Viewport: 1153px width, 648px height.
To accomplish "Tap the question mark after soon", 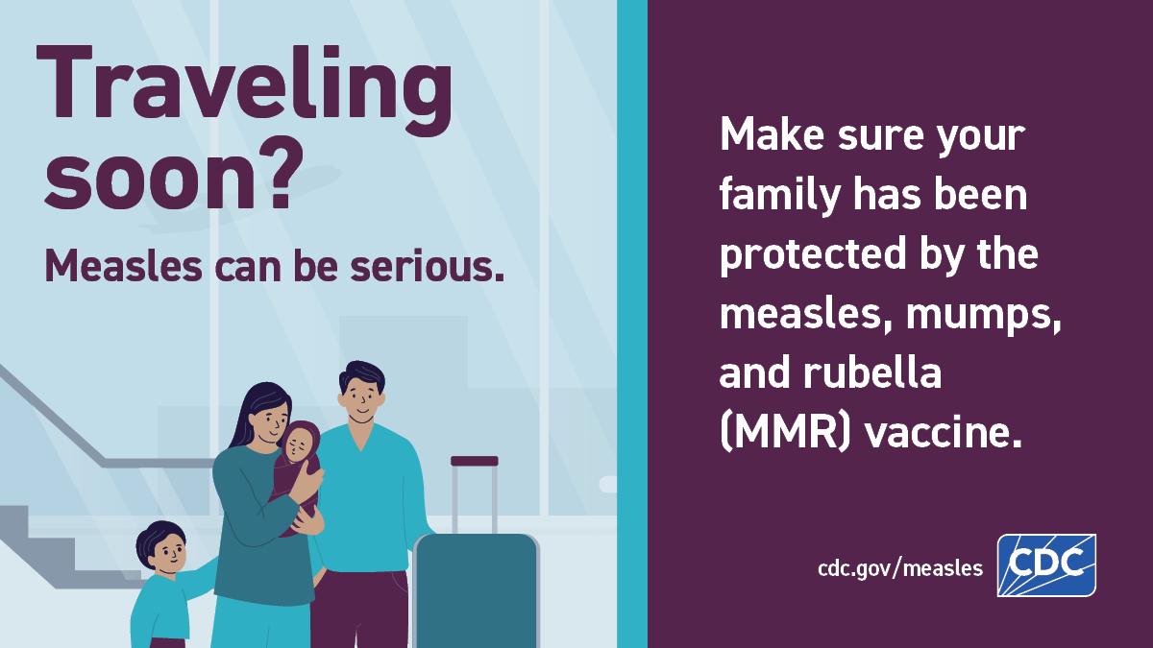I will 274,179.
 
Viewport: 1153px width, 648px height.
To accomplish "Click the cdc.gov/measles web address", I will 900,568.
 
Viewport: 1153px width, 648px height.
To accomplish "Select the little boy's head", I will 161,547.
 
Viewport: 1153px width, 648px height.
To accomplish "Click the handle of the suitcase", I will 475,462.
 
